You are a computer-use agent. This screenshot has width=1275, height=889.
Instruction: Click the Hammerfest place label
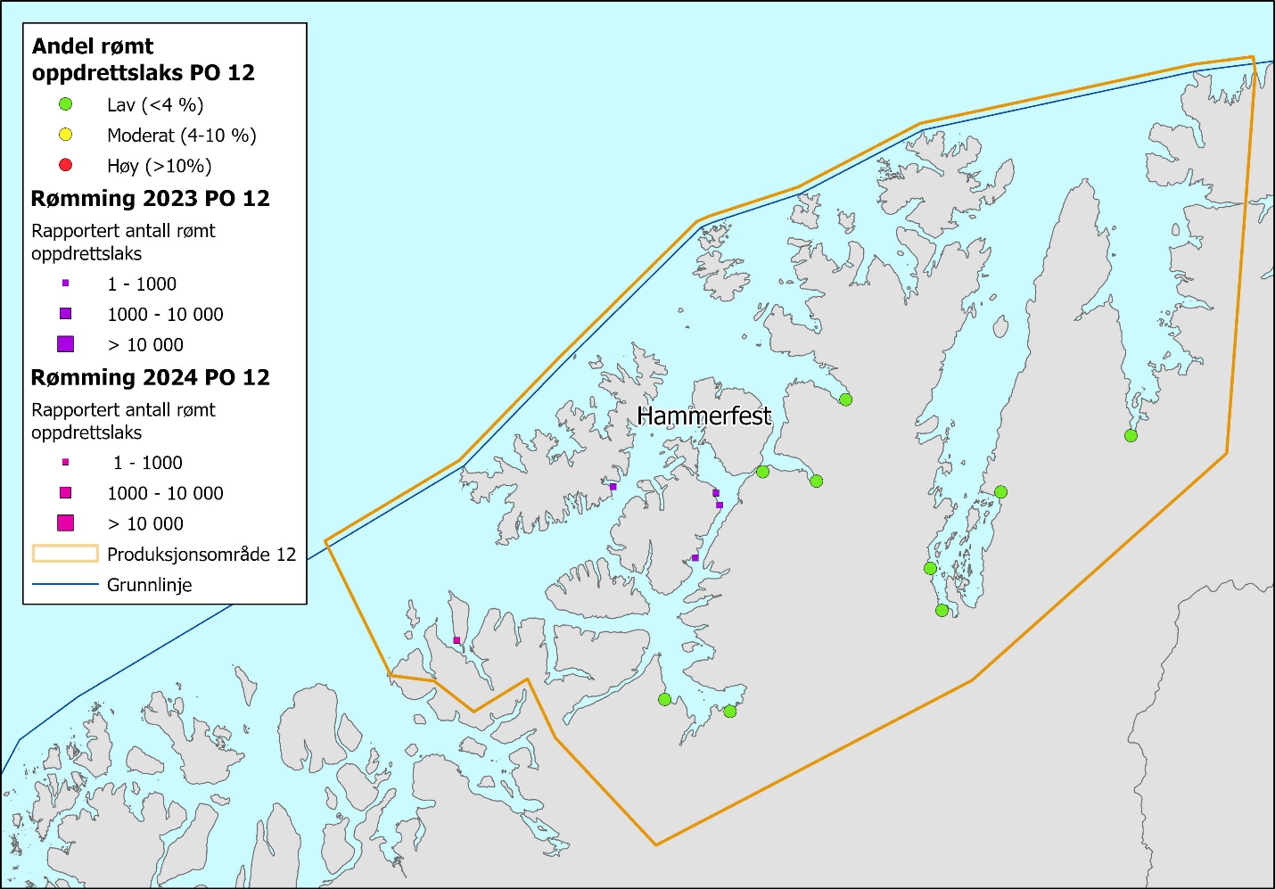tap(704, 416)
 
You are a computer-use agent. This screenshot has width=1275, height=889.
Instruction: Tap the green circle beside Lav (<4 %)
tap(65, 104)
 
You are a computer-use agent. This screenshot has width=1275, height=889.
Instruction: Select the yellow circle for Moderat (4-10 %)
tap(65, 135)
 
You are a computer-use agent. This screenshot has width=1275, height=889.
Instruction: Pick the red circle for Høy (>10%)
tap(65, 165)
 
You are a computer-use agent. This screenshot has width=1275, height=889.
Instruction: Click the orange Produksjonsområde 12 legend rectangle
tap(65, 554)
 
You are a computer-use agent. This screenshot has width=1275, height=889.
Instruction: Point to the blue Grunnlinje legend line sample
tap(65, 585)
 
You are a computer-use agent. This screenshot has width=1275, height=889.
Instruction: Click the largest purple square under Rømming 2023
tap(65, 344)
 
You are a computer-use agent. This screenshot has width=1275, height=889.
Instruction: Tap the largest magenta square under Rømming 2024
tap(65, 523)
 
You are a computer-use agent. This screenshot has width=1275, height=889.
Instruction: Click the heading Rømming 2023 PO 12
tap(150, 198)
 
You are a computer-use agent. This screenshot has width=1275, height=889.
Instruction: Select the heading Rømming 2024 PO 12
tap(150, 377)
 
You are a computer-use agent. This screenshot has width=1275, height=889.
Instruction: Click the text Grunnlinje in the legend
tap(149, 585)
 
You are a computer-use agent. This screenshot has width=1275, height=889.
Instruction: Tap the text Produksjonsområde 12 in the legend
tap(201, 554)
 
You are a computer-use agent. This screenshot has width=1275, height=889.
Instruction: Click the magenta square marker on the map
tap(457, 640)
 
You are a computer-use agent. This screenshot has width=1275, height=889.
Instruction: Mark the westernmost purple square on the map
tap(613, 487)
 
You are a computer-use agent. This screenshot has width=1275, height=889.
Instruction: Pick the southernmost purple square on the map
tap(695, 558)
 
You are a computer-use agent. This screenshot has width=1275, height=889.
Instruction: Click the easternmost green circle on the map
tap(1131, 435)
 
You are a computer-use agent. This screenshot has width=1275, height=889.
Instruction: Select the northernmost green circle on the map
tap(845, 399)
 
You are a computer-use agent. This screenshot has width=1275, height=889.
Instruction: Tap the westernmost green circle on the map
tap(664, 699)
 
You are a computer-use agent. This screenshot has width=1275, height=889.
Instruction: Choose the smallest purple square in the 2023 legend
tap(65, 284)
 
